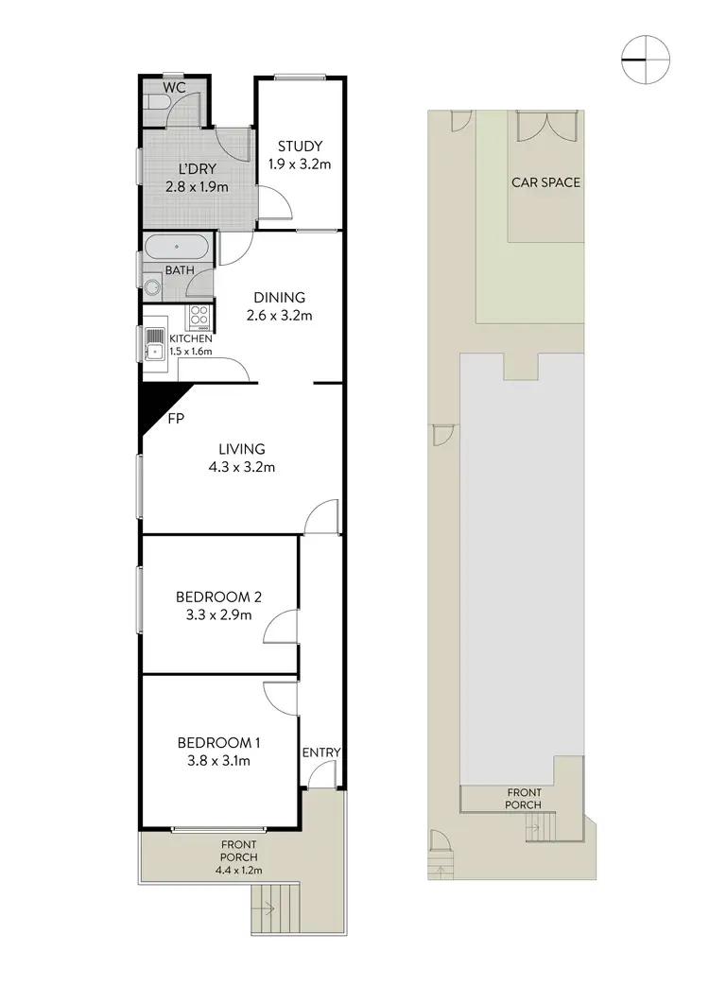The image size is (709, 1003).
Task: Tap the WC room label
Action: pos(173,87)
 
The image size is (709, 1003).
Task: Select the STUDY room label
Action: pos(300,146)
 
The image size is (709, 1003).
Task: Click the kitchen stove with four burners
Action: pos(199,316)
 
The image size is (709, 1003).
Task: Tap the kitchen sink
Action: pos(155,353)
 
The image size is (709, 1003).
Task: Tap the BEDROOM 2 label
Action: pos(218,597)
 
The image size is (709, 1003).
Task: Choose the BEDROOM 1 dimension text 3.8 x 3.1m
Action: pos(218,759)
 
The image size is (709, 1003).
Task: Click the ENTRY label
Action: pos(321,752)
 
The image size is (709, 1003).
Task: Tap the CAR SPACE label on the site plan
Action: pos(545,182)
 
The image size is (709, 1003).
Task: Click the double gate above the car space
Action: pos(545,125)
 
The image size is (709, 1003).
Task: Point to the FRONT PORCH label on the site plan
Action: pos(524,799)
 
